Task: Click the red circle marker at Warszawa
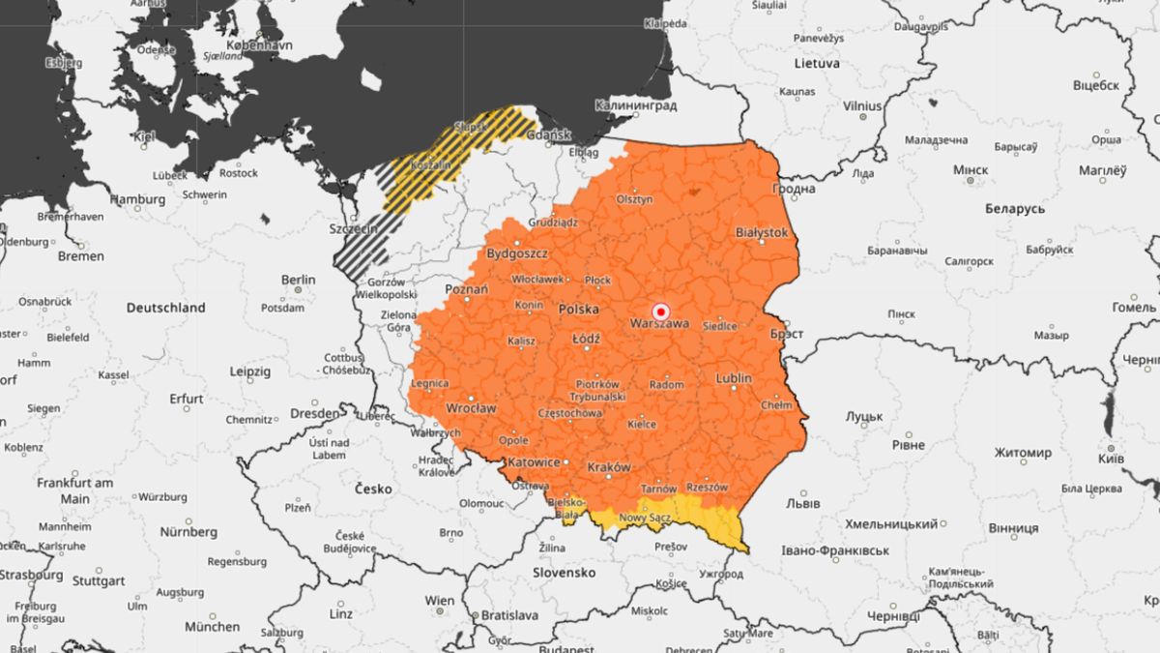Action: (661, 312)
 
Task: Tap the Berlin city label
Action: (298, 280)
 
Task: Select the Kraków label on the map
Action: (609, 466)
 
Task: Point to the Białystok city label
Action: (762, 233)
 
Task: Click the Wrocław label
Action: (472, 408)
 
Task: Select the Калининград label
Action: (635, 105)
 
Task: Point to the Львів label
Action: (803, 504)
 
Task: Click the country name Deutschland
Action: (165, 308)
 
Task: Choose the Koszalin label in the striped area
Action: (431, 165)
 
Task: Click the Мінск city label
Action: (971, 169)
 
